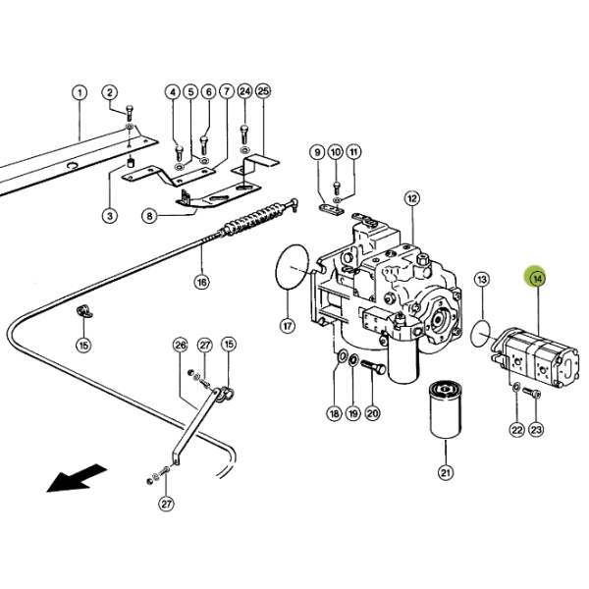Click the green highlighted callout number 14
point(537,279)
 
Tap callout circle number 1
point(80,92)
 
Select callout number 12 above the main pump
point(412,198)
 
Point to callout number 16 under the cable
point(201,282)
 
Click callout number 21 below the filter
point(446,472)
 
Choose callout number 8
point(149,216)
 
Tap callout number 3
point(110,216)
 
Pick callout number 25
point(263,91)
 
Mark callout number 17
point(288,326)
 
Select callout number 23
point(536,429)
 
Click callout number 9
point(317,152)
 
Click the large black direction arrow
point(77,478)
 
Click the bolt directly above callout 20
point(373,366)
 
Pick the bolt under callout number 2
point(130,112)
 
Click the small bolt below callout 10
point(337,187)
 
